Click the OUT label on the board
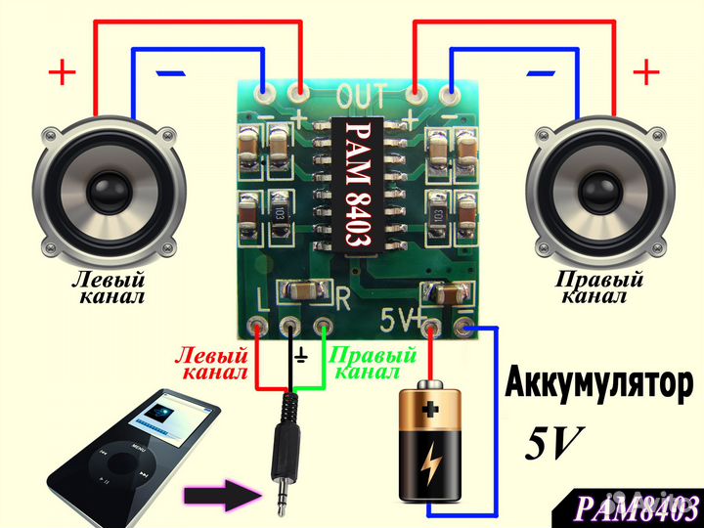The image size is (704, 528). point(360,96)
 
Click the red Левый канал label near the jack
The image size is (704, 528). point(212,365)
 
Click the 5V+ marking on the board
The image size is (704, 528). point(402,318)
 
